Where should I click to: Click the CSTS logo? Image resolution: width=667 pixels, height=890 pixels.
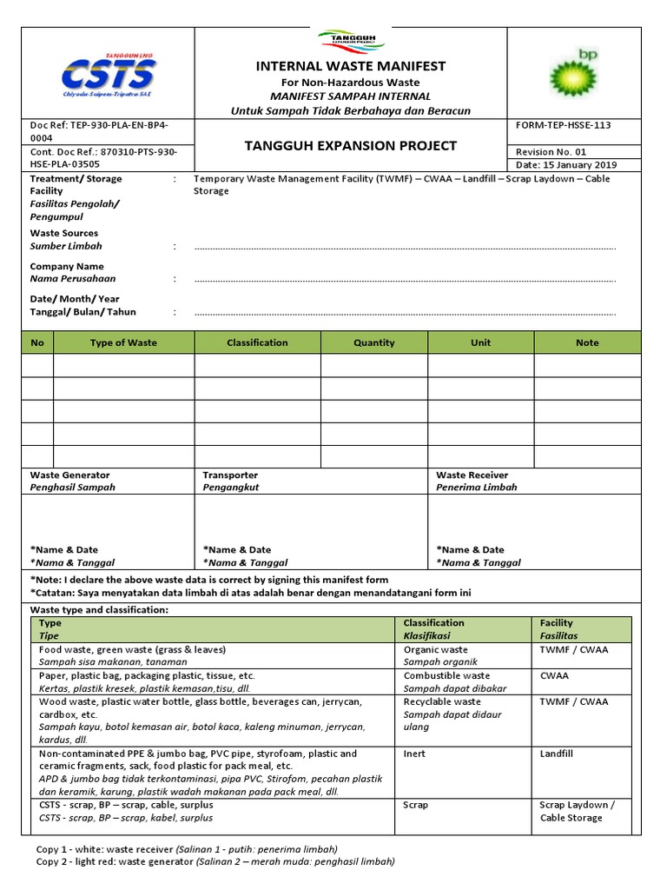(107, 74)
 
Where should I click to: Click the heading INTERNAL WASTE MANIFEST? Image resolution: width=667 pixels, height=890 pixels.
(351, 66)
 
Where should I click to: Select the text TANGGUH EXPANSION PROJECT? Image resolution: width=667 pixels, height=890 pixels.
(351, 146)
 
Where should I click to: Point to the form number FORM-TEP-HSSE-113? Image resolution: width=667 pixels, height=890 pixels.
(563, 125)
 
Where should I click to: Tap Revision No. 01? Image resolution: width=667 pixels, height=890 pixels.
(551, 151)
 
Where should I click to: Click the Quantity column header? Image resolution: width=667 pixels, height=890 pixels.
(373, 342)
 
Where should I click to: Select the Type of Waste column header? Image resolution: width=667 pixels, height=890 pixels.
(123, 342)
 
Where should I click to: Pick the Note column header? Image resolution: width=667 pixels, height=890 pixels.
(587, 342)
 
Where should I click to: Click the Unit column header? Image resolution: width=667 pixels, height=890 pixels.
(480, 342)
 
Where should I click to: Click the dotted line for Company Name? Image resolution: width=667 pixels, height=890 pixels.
(405, 281)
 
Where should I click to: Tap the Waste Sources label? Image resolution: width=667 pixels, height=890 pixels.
(64, 233)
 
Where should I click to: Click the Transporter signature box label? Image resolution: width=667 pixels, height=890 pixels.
(230, 475)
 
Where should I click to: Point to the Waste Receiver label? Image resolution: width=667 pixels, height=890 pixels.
(472, 475)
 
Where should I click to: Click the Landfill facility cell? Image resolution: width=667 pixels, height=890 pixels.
(556, 754)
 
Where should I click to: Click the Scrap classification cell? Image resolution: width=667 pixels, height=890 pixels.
(416, 805)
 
